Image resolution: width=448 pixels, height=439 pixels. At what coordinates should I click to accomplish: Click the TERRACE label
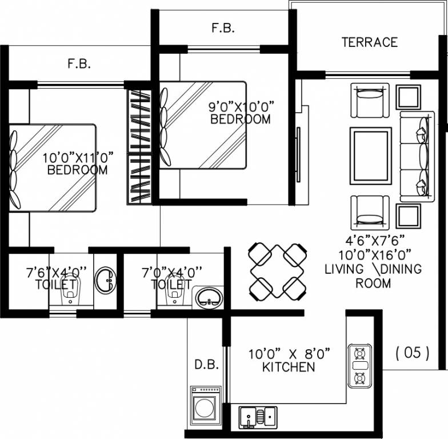tap(369, 42)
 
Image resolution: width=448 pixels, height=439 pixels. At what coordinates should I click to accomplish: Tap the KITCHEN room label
tap(289, 367)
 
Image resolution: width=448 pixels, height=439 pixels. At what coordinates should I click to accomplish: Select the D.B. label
tap(207, 365)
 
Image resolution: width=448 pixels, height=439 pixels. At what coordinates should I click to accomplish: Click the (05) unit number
tap(413, 353)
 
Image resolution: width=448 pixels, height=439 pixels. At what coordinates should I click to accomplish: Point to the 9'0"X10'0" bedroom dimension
tap(241, 107)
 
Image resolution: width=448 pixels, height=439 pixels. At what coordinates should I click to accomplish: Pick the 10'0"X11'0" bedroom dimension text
tap(78, 158)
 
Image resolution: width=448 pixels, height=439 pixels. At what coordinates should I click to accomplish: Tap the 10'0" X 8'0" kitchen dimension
tap(289, 354)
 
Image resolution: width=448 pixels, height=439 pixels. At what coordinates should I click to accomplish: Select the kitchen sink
tap(258, 417)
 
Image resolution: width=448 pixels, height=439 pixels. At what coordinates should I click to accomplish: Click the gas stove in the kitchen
tap(360, 366)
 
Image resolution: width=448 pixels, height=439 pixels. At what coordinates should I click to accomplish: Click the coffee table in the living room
tap(370, 156)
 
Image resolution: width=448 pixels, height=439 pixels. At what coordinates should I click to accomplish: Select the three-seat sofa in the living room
tap(417, 157)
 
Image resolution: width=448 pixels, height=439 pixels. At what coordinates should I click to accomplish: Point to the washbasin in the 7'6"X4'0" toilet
tap(105, 280)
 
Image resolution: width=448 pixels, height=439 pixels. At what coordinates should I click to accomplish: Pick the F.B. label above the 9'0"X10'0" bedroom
tap(223, 28)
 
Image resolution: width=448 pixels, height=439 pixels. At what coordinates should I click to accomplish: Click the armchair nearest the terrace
tap(370, 100)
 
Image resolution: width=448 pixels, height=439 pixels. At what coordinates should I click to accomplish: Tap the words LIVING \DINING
tap(373, 269)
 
